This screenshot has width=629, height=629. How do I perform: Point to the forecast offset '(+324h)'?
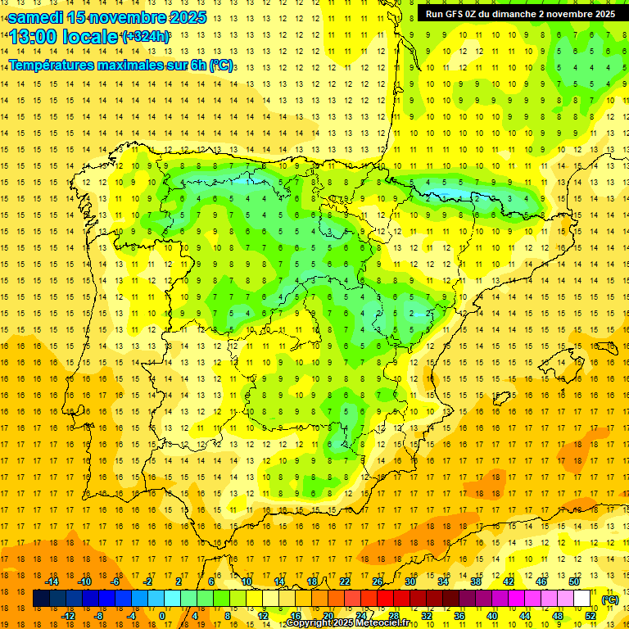point(145,37)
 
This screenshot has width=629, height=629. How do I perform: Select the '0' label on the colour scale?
point(162,616)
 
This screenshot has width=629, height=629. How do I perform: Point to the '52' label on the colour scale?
point(591,616)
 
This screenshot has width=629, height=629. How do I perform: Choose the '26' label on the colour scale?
point(378,581)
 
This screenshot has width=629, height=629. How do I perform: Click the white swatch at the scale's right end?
point(582,599)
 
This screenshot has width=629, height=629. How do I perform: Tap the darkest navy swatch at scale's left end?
point(42,599)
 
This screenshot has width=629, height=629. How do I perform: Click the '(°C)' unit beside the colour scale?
point(610,600)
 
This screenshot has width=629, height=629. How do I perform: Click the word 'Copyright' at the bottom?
point(310,624)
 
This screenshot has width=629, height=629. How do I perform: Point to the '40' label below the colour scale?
point(492,616)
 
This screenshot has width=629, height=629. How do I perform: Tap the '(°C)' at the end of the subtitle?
point(220,65)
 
